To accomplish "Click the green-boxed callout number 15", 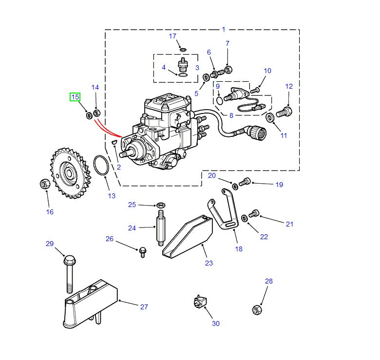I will tap(75, 97).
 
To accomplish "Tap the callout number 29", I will tap(50, 244).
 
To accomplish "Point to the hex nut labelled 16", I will tap(44, 184).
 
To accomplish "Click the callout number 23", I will tap(209, 263).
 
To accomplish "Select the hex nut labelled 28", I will tap(257, 309).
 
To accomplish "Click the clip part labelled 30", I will tap(199, 302).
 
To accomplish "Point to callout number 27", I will tap(144, 307).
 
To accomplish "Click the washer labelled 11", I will tap(270, 117).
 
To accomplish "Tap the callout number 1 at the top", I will tap(224, 29).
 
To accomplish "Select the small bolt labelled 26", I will tap(143, 251).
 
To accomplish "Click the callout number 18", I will tap(239, 248).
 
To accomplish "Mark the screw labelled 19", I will tap(245, 182).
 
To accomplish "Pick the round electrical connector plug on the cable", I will tap(255, 132).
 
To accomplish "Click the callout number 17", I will tap(172, 36).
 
